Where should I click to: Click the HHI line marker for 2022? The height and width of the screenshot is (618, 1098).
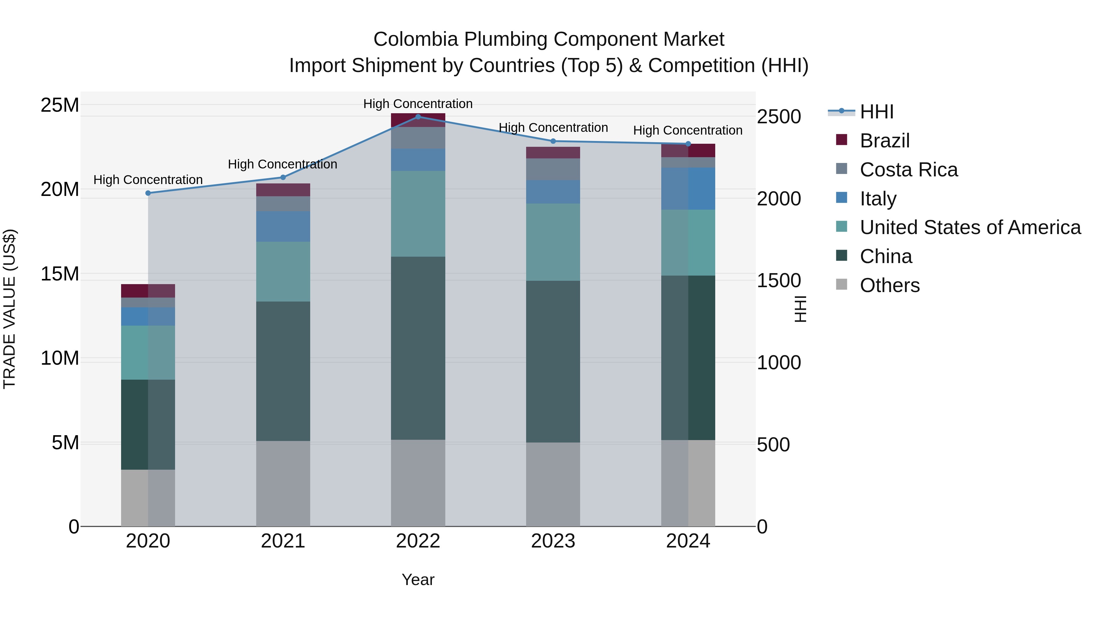(418, 117)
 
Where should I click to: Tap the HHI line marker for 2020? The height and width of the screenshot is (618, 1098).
(148, 193)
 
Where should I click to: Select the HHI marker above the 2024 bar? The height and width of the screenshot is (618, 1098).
(688, 144)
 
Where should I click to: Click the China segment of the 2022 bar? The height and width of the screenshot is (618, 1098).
(418, 348)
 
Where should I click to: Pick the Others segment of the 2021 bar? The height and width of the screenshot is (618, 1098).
(283, 483)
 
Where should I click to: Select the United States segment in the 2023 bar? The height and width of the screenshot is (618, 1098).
(553, 242)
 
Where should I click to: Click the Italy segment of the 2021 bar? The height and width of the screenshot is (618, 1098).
(283, 226)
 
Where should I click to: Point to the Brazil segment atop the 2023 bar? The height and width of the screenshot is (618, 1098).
(553, 153)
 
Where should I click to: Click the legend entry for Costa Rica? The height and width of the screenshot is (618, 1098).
(908, 170)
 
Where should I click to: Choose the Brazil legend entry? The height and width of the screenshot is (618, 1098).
(884, 141)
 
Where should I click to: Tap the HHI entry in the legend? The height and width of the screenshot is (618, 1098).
(876, 112)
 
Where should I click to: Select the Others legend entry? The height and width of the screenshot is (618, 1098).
(890, 285)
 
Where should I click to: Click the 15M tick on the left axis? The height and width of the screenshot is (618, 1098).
(60, 274)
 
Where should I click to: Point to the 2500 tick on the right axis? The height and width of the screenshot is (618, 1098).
(779, 117)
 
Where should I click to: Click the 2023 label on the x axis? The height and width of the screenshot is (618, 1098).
(553, 541)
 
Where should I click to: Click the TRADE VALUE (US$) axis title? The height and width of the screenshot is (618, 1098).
(9, 309)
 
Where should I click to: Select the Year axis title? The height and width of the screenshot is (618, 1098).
(418, 580)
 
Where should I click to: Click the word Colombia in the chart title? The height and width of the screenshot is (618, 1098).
(416, 39)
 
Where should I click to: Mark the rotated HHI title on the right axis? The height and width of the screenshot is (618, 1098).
(801, 309)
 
